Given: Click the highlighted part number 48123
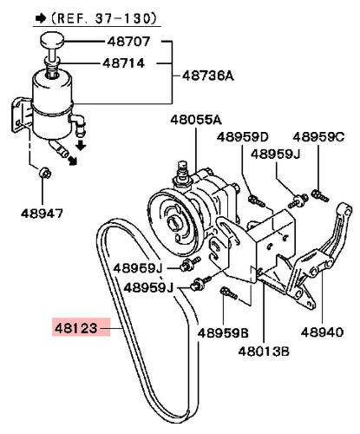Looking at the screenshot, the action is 76,328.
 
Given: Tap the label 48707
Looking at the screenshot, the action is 128,42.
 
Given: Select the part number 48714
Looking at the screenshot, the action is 124,63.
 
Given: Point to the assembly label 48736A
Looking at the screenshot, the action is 208,76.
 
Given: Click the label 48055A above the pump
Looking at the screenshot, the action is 196,120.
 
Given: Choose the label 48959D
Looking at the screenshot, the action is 243,136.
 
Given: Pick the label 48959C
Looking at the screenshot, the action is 318,136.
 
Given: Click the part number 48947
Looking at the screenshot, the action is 42,214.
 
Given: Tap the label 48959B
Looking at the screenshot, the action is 223,333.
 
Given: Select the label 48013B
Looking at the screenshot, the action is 264,352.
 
